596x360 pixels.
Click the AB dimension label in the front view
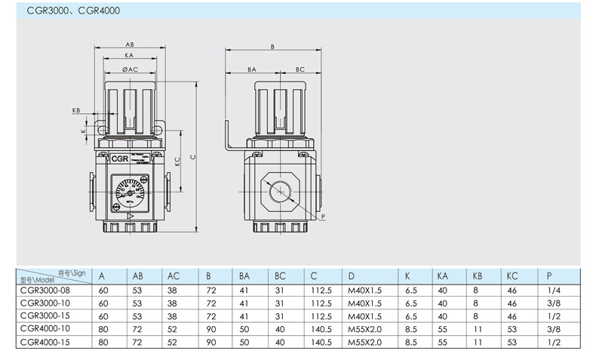(x=130, y=44)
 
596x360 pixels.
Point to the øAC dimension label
(x=130, y=69)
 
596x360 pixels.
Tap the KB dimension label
(x=76, y=110)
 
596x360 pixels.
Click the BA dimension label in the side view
(x=252, y=69)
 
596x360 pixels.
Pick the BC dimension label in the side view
(x=300, y=69)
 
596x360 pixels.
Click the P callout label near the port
(x=323, y=217)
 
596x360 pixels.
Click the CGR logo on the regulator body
(x=119, y=159)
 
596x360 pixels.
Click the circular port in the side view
(x=278, y=193)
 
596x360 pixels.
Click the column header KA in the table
(x=443, y=275)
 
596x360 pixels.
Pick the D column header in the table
(x=351, y=275)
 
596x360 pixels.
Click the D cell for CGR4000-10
(x=365, y=328)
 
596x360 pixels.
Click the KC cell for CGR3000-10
(x=513, y=302)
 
